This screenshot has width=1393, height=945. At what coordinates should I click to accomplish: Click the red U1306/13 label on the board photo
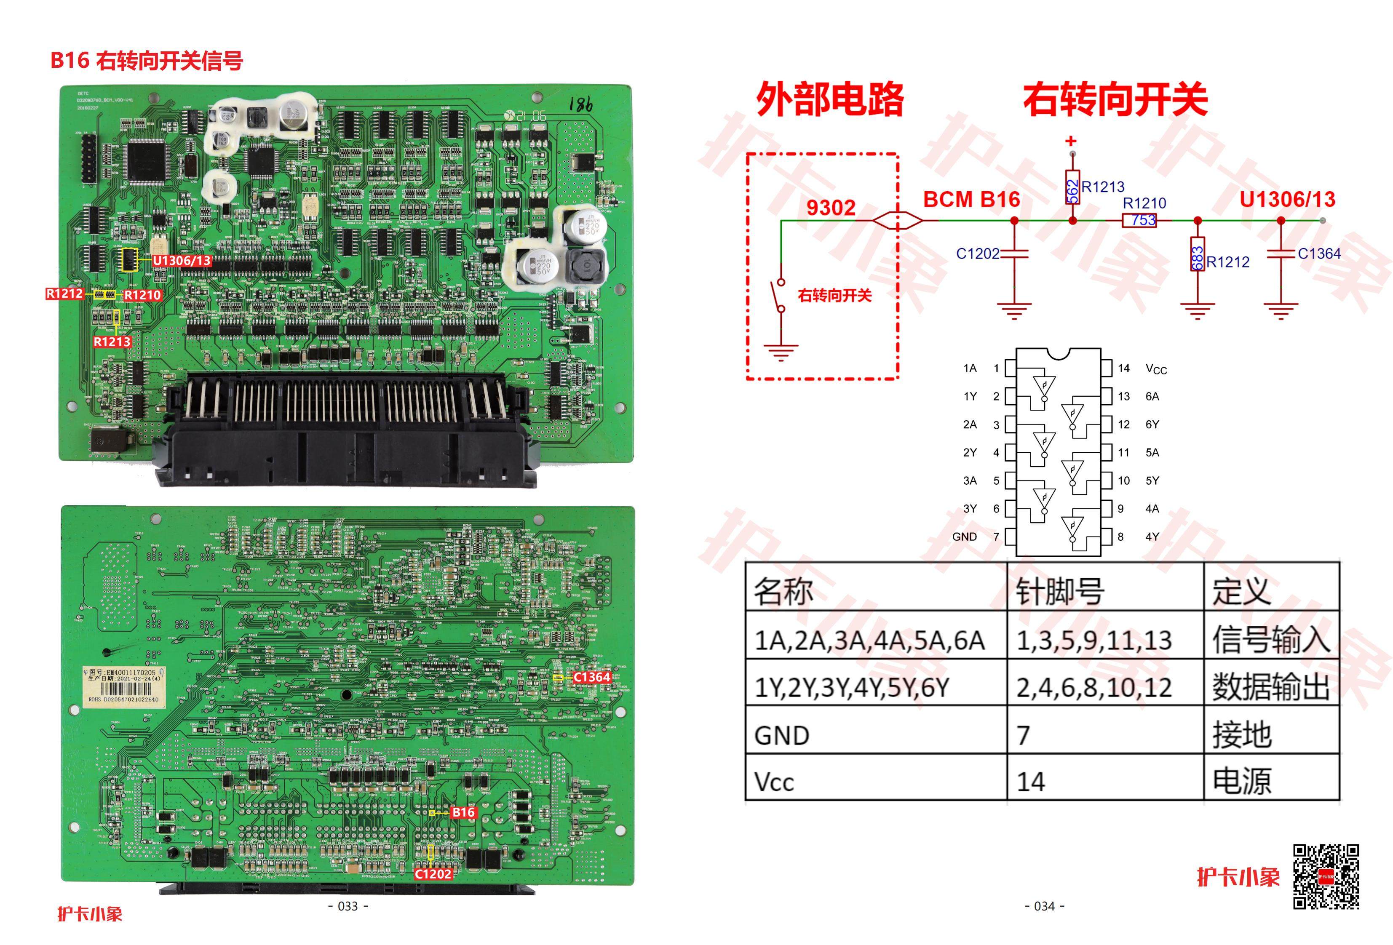click(182, 261)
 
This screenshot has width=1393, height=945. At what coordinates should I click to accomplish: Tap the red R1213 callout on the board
click(112, 342)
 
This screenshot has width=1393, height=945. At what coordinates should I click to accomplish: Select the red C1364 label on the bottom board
click(591, 677)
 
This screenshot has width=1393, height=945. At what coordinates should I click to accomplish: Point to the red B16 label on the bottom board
click(463, 813)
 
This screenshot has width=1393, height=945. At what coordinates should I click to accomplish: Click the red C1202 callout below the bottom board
click(433, 874)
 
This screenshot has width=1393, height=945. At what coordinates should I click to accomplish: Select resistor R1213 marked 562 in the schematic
click(1072, 187)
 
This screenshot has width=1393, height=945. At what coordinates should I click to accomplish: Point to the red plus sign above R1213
click(1071, 141)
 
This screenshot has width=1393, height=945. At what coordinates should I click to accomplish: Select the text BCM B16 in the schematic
click(971, 200)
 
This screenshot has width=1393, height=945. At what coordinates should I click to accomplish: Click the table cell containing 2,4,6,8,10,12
click(1094, 687)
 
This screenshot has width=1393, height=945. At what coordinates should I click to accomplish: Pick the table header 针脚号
click(1060, 591)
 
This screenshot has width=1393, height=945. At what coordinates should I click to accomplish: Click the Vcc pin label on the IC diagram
click(1156, 369)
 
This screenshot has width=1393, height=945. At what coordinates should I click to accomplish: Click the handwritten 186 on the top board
click(580, 105)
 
